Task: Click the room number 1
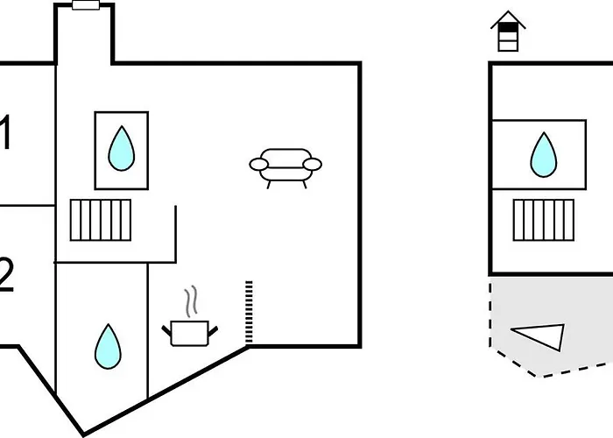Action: click(6, 135)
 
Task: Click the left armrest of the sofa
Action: click(259, 164)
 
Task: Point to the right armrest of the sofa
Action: click(313, 164)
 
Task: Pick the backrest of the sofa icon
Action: click(285, 154)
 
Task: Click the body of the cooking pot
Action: click(190, 334)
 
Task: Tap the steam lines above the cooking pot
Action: click(190, 301)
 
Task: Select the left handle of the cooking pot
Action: click(167, 329)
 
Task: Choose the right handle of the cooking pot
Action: click(213, 329)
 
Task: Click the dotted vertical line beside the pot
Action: click(250, 312)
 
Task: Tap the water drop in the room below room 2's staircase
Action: click(107, 346)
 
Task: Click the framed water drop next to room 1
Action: click(122, 148)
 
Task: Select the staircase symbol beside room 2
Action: click(101, 220)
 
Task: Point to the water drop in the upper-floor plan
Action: click(544, 154)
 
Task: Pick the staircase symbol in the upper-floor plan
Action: click(542, 220)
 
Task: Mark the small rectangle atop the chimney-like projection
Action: click(85, 5)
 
